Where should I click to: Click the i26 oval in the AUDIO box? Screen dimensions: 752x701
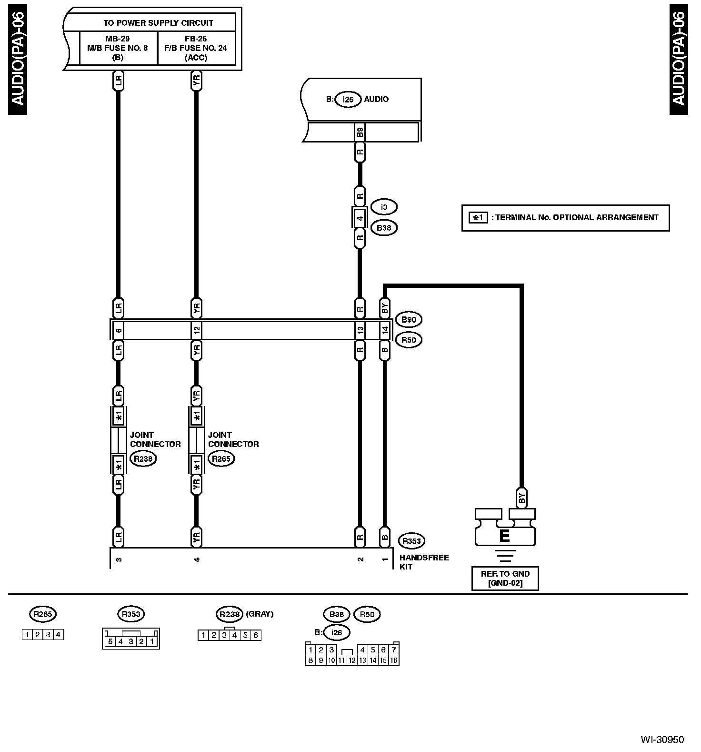click(348, 100)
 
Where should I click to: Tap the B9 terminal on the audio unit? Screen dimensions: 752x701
click(360, 132)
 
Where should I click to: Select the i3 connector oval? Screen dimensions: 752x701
click(384, 207)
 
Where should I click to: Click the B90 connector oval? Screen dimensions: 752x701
click(409, 320)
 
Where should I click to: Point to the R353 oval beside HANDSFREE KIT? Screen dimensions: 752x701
click(411, 541)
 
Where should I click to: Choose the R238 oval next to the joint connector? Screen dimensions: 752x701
click(143, 459)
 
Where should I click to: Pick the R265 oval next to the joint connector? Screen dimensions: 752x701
click(221, 459)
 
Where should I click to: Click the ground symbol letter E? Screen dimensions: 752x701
click(504, 536)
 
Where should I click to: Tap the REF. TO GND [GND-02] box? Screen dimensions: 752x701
click(505, 579)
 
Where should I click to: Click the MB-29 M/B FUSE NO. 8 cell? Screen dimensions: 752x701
click(118, 48)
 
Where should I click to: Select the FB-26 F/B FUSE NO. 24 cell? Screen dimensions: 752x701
click(196, 48)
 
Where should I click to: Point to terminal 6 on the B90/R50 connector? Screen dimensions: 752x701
click(119, 330)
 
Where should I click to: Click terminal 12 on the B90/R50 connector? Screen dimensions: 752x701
click(197, 330)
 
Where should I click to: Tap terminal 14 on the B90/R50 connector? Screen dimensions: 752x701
click(385, 330)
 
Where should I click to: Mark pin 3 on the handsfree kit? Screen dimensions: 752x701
click(119, 559)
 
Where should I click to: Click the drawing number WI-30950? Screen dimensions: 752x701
click(662, 740)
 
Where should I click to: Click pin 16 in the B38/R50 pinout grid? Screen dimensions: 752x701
click(394, 661)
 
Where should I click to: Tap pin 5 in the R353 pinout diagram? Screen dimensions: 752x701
click(110, 641)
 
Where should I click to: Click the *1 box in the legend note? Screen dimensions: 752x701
click(478, 218)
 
